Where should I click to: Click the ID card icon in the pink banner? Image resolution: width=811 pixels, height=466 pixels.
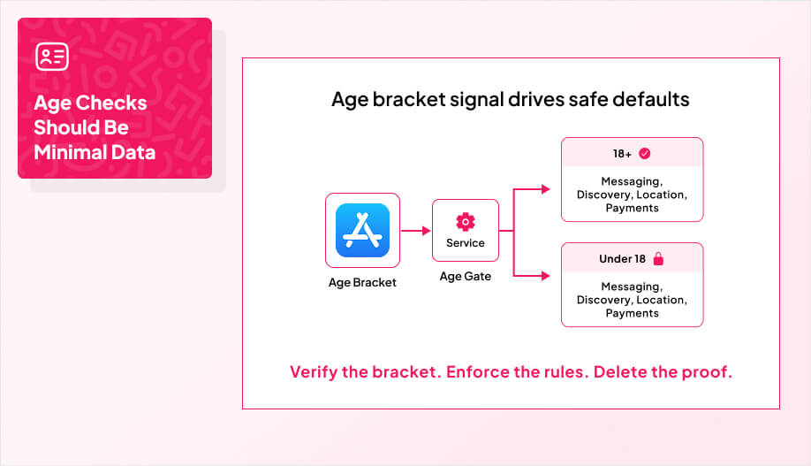[x=52, y=57]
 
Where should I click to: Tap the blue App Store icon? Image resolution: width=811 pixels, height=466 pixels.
[x=362, y=230]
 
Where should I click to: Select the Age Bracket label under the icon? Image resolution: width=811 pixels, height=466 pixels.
[x=362, y=283]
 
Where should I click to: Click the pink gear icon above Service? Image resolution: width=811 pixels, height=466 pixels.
[x=465, y=221]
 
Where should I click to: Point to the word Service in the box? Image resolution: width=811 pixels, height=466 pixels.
[x=465, y=243]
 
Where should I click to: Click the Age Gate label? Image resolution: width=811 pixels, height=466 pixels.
[x=465, y=277]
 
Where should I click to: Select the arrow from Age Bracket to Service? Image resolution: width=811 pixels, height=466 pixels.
[x=415, y=231]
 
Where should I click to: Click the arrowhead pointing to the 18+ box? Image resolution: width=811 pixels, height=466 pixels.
[x=547, y=188]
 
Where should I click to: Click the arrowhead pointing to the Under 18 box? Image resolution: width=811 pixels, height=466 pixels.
[x=547, y=275]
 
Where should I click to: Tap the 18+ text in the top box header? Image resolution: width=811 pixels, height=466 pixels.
[x=622, y=154]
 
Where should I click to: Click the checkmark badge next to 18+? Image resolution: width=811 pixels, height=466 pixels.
[x=644, y=154]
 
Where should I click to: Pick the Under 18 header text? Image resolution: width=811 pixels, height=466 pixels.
[x=622, y=259]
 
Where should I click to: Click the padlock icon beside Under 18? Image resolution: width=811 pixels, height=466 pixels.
[x=657, y=259]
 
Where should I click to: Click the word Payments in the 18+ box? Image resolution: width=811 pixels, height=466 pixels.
[x=632, y=208]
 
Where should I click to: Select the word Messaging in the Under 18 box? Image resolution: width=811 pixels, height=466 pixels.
[x=631, y=286]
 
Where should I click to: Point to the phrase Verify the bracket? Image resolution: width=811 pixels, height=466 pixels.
[x=365, y=371]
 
